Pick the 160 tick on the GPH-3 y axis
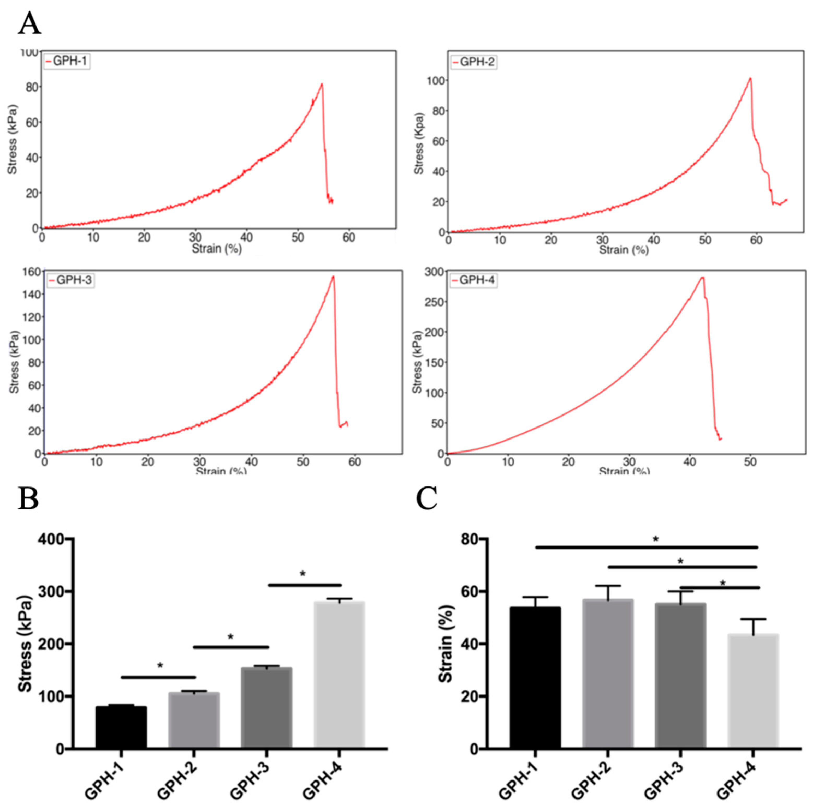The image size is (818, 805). [32, 272]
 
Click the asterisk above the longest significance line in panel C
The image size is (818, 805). [656, 539]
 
